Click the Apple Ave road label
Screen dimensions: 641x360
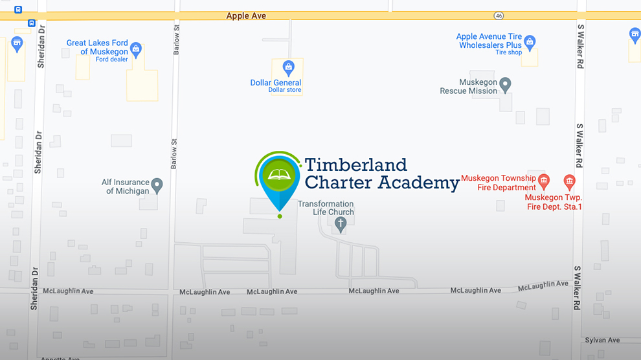click(x=246, y=16)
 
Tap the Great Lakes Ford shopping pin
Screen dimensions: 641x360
click(x=136, y=48)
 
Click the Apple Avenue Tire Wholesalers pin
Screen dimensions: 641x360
click(x=530, y=41)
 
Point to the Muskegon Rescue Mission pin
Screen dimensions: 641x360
click(x=505, y=84)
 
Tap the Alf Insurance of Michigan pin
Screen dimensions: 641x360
click(x=157, y=186)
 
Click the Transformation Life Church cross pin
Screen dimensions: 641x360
click(x=341, y=223)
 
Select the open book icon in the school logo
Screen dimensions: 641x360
click(x=280, y=174)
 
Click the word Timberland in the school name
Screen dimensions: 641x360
click(x=355, y=164)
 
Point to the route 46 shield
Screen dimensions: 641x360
click(x=498, y=16)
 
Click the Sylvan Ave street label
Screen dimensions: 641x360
click(x=602, y=340)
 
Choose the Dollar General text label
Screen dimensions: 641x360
click(x=276, y=82)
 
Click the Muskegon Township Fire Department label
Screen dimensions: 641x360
click(x=499, y=183)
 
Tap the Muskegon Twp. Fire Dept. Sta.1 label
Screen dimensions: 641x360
click(x=554, y=202)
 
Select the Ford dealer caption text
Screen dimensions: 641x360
click(x=112, y=60)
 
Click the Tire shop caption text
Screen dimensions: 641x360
click(x=508, y=52)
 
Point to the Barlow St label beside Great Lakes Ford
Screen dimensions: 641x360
click(x=175, y=40)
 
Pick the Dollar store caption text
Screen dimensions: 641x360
click(x=285, y=90)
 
